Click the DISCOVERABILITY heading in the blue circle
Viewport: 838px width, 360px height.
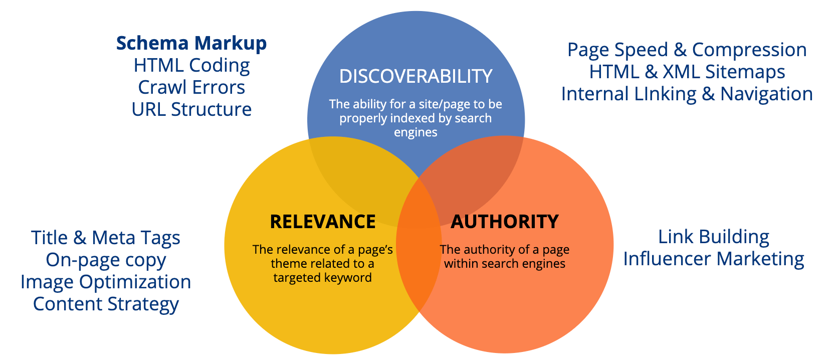(x=415, y=76)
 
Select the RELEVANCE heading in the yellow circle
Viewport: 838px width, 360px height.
(x=323, y=222)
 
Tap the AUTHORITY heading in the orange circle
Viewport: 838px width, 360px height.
(x=505, y=222)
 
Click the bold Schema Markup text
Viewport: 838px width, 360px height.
(x=191, y=43)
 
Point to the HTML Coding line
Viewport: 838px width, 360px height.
(x=191, y=65)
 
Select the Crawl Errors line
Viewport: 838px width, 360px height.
(x=191, y=87)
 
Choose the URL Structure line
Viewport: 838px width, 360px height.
(x=191, y=109)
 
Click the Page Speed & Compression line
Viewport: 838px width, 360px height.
(x=687, y=50)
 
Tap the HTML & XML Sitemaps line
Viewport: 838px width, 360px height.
(x=687, y=72)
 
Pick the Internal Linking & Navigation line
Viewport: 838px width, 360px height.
(x=687, y=94)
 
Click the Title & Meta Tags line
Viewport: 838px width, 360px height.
(x=106, y=238)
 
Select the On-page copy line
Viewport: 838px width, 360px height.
(x=106, y=260)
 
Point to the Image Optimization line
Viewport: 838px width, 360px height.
(x=106, y=282)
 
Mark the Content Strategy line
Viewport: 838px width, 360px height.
(x=106, y=304)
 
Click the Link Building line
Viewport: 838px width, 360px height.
(x=713, y=237)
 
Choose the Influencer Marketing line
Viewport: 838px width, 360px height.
(x=713, y=259)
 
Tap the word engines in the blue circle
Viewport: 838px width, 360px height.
(x=415, y=132)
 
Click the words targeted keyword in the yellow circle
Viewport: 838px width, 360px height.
(x=322, y=278)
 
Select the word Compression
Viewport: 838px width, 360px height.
(x=749, y=50)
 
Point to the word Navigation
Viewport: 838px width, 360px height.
(x=766, y=94)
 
